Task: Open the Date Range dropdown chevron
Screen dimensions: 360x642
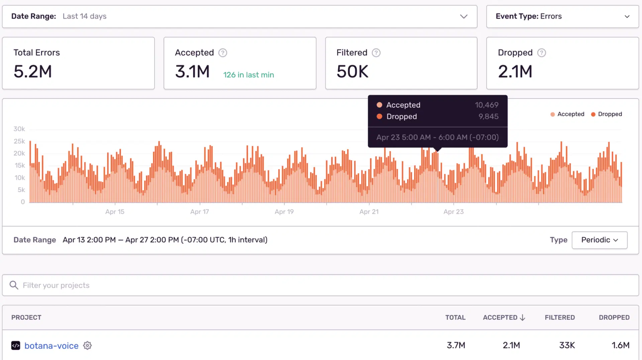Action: tap(463, 16)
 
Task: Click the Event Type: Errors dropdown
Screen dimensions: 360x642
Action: tap(562, 16)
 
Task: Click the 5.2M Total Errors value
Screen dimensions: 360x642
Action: tap(33, 72)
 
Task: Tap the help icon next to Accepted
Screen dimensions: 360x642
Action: tap(223, 53)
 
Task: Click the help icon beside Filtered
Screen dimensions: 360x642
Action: tap(376, 53)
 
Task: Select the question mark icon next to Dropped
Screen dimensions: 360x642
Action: tap(541, 53)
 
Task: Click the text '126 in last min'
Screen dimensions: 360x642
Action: tap(248, 75)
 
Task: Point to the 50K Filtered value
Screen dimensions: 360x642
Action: tap(352, 72)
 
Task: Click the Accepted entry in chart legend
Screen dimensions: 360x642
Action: tap(567, 114)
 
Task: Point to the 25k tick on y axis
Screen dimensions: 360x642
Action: tap(19, 141)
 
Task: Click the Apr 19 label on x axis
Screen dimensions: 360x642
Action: tap(284, 212)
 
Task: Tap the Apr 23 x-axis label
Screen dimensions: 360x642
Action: tap(453, 212)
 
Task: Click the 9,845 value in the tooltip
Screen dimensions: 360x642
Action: tap(488, 116)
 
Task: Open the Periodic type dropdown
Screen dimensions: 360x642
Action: tap(599, 240)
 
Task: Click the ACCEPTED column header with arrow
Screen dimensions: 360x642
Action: tap(504, 318)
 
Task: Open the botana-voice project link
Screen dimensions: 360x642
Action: tap(51, 346)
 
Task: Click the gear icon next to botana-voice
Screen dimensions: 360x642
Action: tap(88, 346)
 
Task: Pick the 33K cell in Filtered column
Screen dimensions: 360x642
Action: tap(567, 345)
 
